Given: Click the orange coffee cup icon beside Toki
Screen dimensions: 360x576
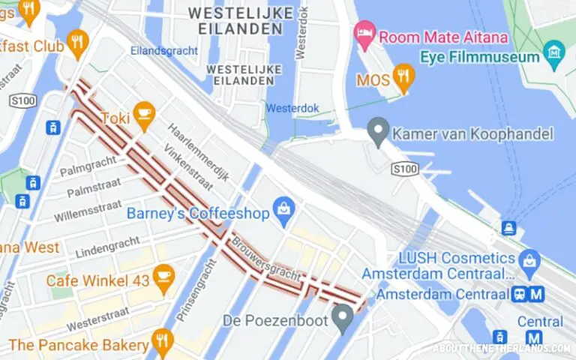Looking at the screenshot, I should (143, 115).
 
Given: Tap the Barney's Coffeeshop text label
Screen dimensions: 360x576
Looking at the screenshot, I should (197, 214).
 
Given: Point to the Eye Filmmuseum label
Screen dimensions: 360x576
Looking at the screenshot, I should (480, 56).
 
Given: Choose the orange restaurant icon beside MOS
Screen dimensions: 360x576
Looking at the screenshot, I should (404, 77).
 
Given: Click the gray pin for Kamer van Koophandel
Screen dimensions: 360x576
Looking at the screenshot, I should (379, 133).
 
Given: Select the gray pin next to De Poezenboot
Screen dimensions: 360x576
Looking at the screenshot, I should (343, 319).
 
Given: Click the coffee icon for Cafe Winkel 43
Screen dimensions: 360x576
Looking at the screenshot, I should (163, 279).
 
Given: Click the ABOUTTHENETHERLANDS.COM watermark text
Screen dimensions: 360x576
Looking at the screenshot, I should (502, 349).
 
